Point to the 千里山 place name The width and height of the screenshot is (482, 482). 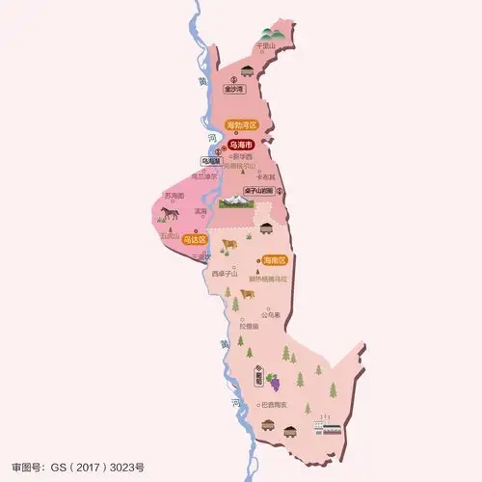pyautogui.click(x=266, y=46)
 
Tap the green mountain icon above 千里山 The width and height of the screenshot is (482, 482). pyautogui.click(x=266, y=33)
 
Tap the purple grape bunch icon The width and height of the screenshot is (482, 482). pyautogui.click(x=272, y=379)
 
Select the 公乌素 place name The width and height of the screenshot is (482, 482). pyautogui.click(x=269, y=314)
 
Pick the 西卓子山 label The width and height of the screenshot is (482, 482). pyautogui.click(x=223, y=274)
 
